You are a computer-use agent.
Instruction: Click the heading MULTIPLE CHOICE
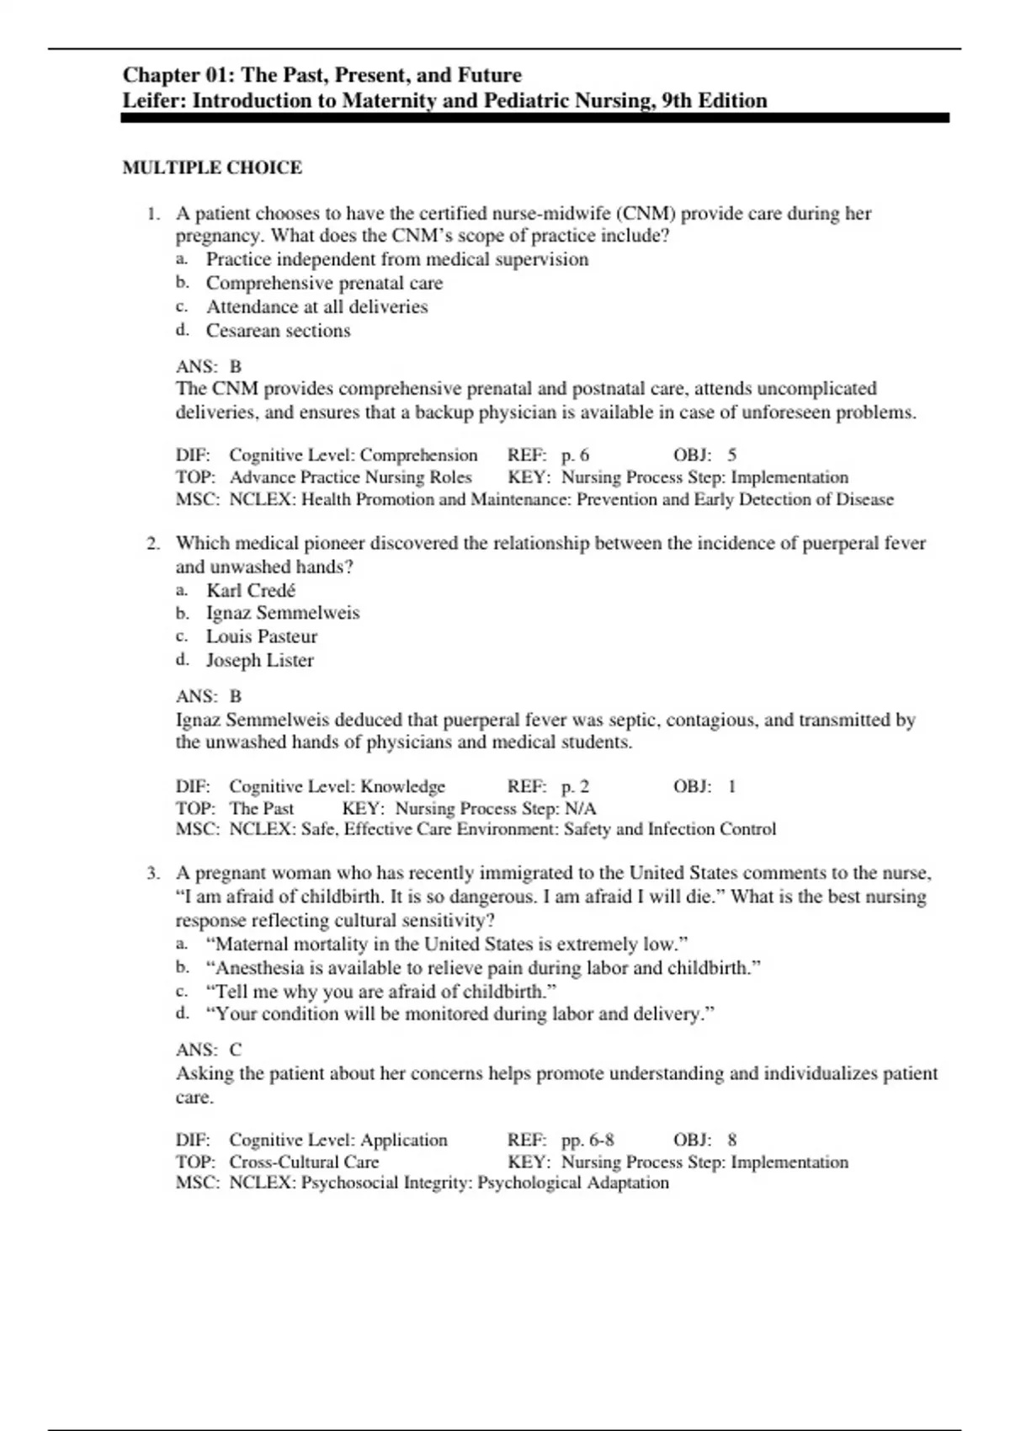pos(212,168)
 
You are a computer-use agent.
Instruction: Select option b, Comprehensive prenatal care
pos(324,283)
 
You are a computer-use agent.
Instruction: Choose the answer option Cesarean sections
pos(278,330)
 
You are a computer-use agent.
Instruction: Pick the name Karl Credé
pos(251,590)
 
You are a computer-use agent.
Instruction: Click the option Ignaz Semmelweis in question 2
pos(282,613)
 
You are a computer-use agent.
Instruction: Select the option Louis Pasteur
pos(262,636)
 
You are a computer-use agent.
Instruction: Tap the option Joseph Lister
pos(259,660)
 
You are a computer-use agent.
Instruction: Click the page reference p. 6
pos(575,455)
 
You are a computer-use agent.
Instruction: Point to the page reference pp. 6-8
pos(587,1140)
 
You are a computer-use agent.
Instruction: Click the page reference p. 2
pos(575,786)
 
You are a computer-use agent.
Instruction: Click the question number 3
pos(152,873)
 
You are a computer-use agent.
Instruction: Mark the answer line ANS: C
pos(209,1050)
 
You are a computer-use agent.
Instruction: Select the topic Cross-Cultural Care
pos(304,1162)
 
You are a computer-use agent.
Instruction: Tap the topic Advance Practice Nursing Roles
pos(350,477)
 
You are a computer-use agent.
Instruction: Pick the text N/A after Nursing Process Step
pos(580,808)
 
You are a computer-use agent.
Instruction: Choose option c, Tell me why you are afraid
pos(380,991)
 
